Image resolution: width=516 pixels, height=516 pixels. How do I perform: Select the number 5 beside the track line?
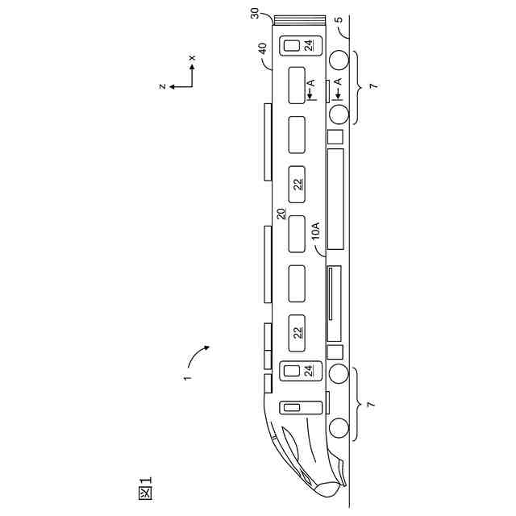[x=339, y=19]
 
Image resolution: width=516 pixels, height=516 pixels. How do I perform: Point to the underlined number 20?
[x=281, y=214]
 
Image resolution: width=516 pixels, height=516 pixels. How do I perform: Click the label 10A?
[x=315, y=231]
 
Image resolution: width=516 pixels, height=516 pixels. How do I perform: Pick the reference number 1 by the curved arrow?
[x=187, y=377]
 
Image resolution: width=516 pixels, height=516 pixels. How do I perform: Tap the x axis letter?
[x=192, y=58]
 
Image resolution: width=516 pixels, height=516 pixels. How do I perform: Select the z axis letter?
[x=162, y=86]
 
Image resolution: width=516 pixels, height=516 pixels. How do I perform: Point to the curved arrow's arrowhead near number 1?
[x=206, y=347]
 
